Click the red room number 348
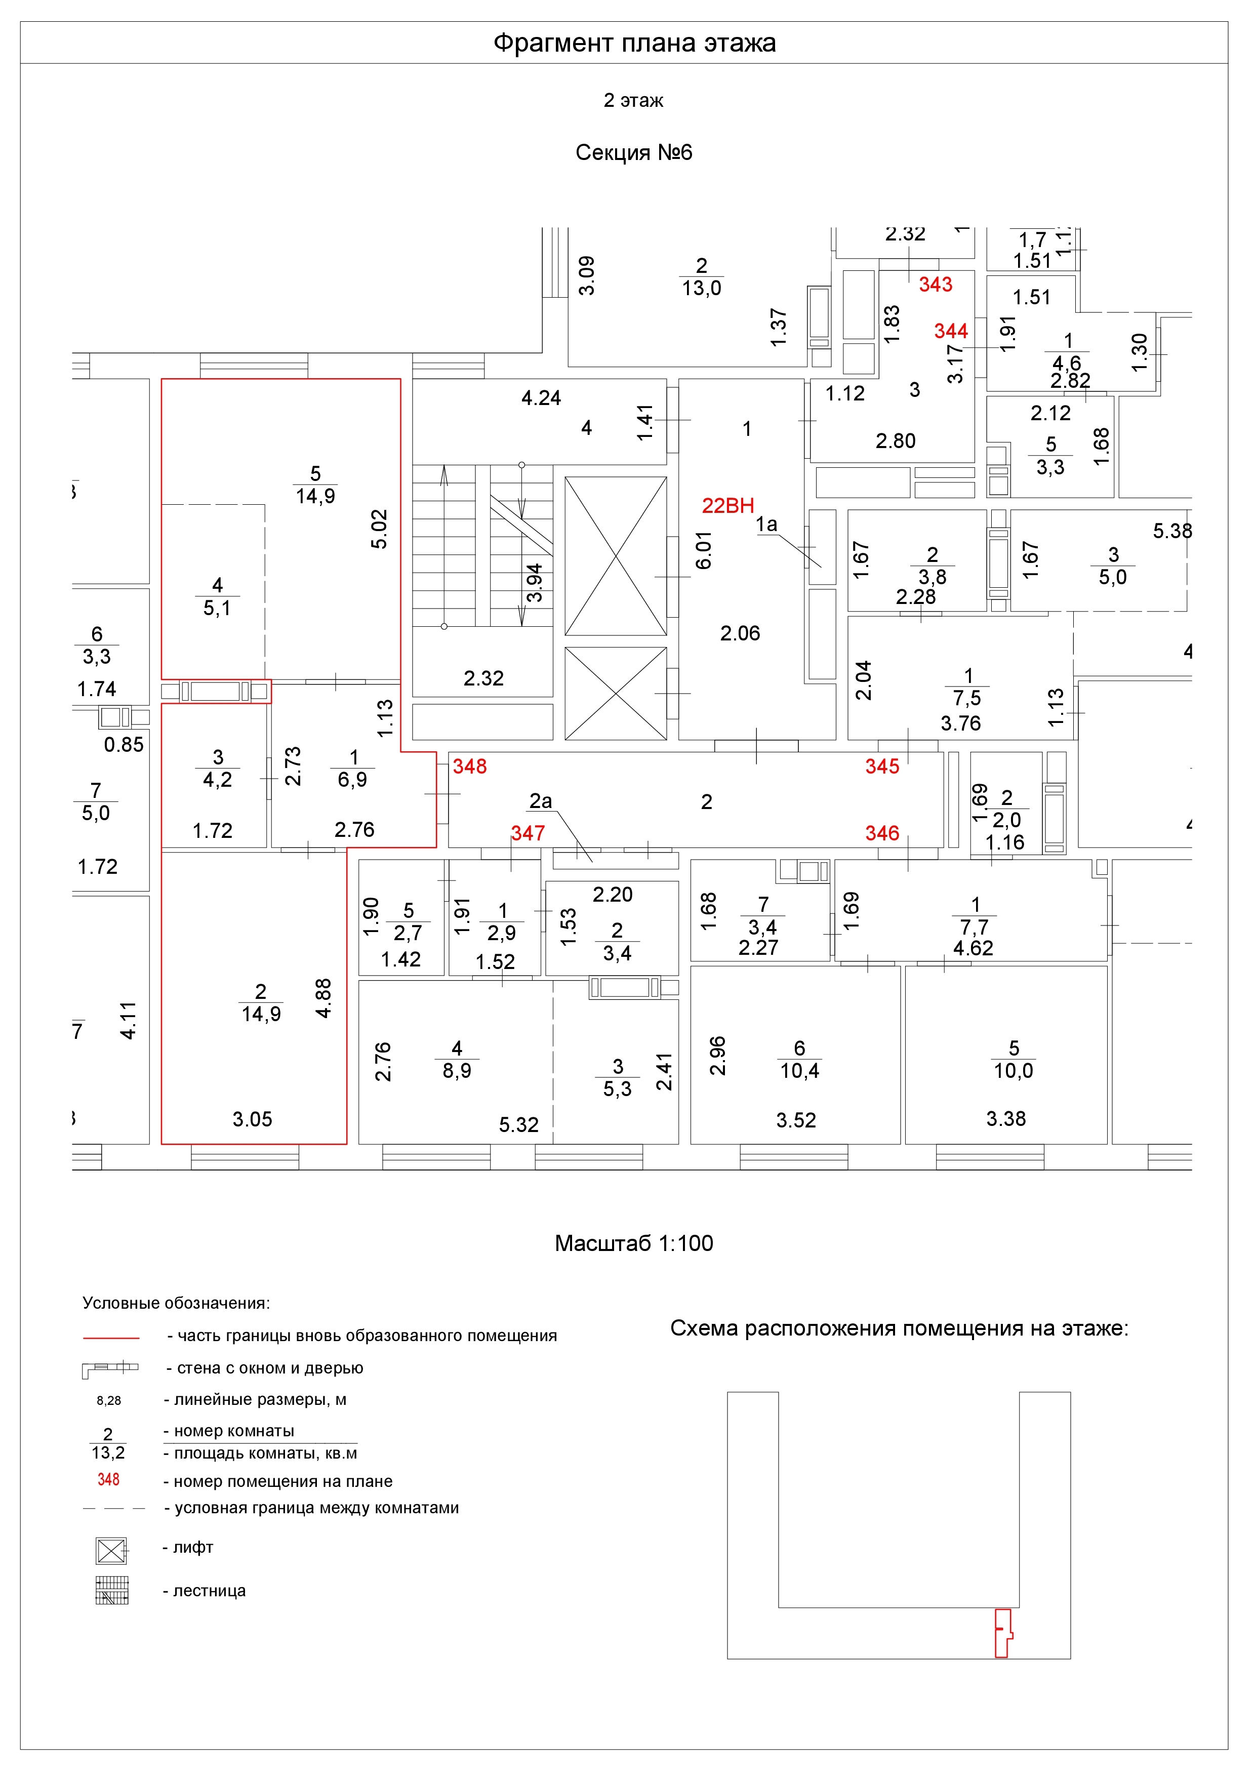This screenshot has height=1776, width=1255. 469,766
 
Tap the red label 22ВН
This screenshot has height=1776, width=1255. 727,505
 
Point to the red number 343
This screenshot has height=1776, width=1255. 935,284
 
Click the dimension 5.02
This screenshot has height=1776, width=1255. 379,529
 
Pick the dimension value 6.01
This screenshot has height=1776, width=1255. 703,550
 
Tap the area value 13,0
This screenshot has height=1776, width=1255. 701,289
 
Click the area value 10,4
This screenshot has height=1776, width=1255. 799,1071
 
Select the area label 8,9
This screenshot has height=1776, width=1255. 457,1071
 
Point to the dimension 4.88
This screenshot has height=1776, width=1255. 323,998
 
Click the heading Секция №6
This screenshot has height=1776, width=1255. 633,152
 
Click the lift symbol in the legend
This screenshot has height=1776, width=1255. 111,1550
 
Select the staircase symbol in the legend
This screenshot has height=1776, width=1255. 111,1590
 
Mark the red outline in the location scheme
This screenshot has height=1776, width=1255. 1002,1632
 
